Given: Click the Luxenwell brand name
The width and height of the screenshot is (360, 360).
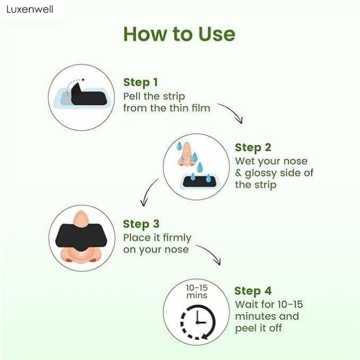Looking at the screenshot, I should (x=30, y=10).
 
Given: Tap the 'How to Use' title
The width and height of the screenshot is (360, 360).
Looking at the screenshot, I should (x=179, y=34).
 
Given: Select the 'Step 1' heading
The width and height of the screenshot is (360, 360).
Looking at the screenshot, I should (x=141, y=82).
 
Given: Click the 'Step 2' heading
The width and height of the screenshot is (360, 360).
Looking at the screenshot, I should (x=252, y=147).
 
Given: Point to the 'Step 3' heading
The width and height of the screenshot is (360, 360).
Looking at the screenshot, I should (x=141, y=224).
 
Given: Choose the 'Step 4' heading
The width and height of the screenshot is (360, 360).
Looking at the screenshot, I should (x=253, y=291).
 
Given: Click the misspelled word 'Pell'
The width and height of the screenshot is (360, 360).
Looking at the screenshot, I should (x=133, y=96).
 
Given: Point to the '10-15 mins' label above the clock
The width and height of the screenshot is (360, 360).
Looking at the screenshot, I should (x=197, y=291).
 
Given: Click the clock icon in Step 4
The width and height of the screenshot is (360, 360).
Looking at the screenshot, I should (x=198, y=320).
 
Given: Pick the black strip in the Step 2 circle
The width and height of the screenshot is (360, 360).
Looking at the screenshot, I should (x=196, y=181).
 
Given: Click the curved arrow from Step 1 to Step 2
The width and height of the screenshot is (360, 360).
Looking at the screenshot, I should (x=230, y=112).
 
